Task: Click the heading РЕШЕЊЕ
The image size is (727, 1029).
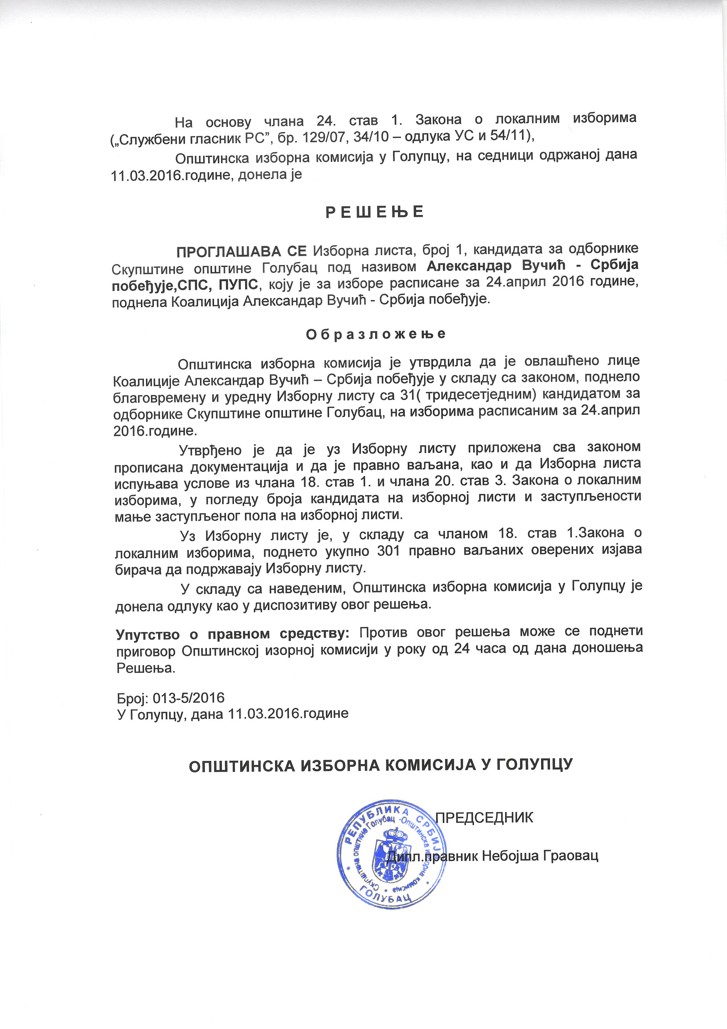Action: [x=374, y=212]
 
